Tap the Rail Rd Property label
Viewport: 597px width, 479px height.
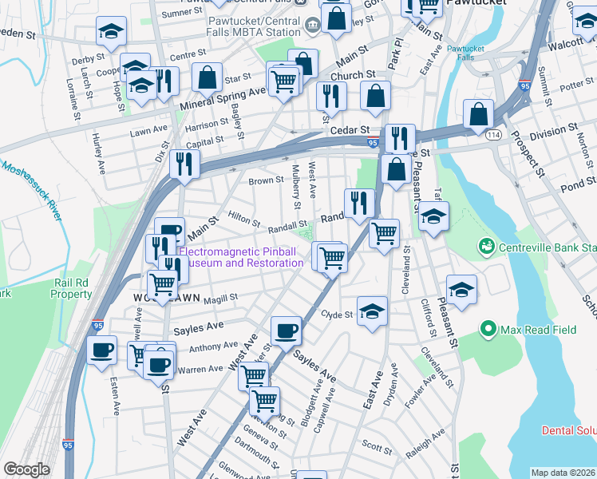click(73, 287)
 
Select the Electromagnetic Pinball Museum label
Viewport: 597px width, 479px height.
click(237, 257)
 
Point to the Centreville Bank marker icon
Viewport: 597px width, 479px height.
click(484, 247)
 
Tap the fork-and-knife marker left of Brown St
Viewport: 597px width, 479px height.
click(184, 164)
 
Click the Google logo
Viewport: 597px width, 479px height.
click(27, 469)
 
